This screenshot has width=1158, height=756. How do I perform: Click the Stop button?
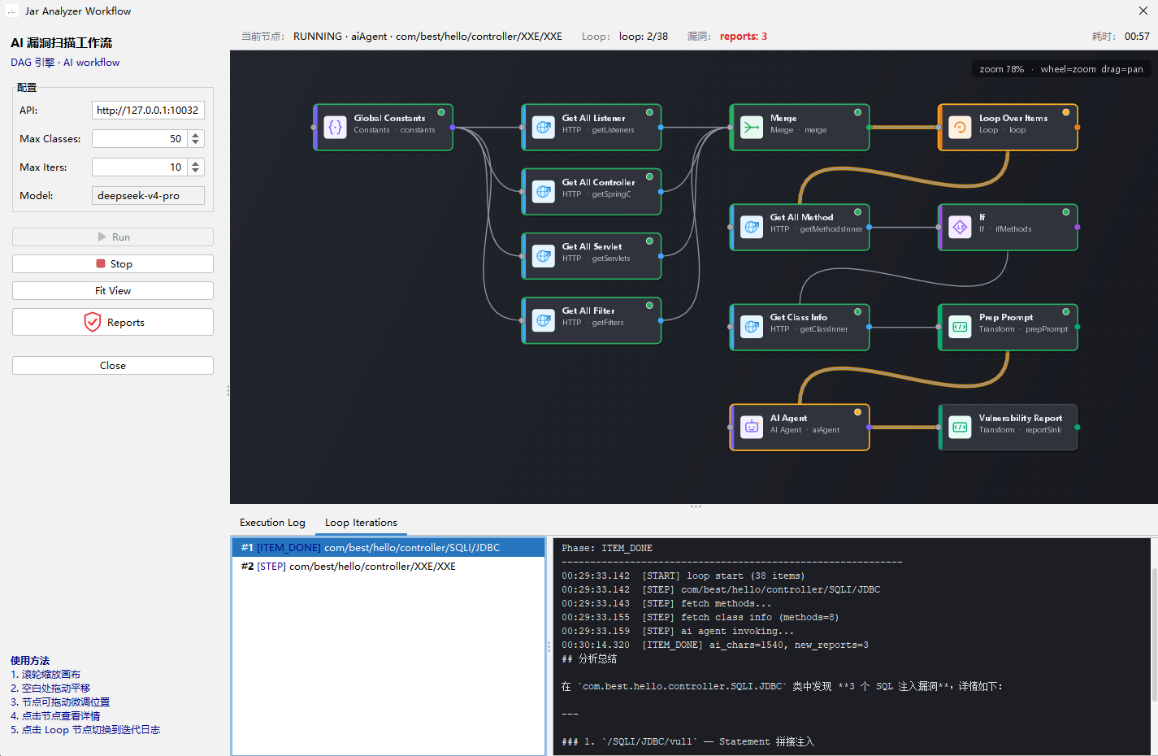pos(113,263)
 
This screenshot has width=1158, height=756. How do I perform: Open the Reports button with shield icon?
pos(113,322)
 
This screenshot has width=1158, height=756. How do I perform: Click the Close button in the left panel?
pos(113,366)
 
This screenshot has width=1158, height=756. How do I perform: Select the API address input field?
pos(148,110)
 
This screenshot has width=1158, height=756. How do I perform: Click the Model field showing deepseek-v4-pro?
pos(148,195)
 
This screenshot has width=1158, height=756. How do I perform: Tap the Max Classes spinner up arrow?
pos(195,135)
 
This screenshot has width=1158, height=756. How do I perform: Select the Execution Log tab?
pos(272,522)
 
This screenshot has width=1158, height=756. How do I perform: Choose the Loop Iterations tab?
pos(361,522)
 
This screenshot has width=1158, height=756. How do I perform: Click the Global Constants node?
pos(383,127)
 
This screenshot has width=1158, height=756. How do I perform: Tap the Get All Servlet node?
pos(592,256)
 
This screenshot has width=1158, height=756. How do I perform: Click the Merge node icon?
pos(751,127)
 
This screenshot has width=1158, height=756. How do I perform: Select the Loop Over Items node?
pos(1008,127)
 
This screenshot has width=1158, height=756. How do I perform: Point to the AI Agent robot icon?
pos(751,427)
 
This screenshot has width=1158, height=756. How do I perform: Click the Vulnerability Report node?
pos(1008,427)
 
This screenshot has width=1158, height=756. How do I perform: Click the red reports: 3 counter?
pos(744,37)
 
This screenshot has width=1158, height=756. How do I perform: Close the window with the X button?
pos(1143,11)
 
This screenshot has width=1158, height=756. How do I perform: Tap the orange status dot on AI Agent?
pos(857,412)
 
